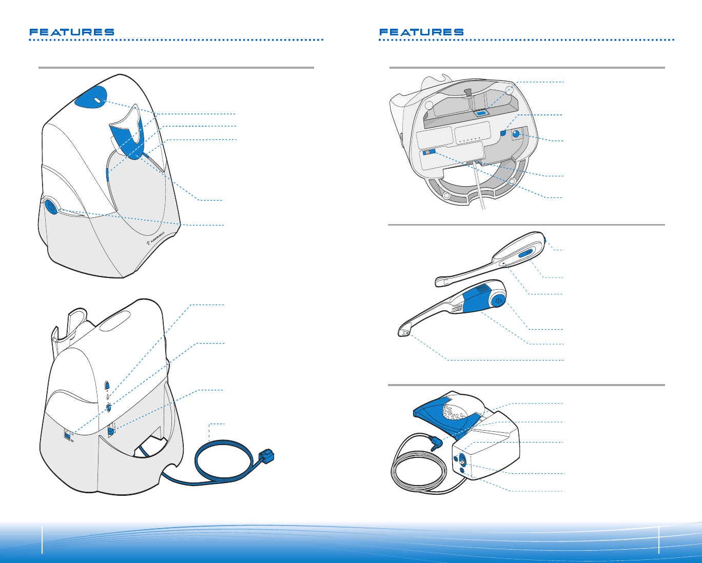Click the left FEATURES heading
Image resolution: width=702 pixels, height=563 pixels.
click(72, 32)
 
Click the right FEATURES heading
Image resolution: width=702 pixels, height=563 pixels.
click(421, 32)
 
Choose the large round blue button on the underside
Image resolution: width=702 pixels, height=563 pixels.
click(516, 134)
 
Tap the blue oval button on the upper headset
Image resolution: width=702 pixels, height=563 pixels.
click(528, 254)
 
